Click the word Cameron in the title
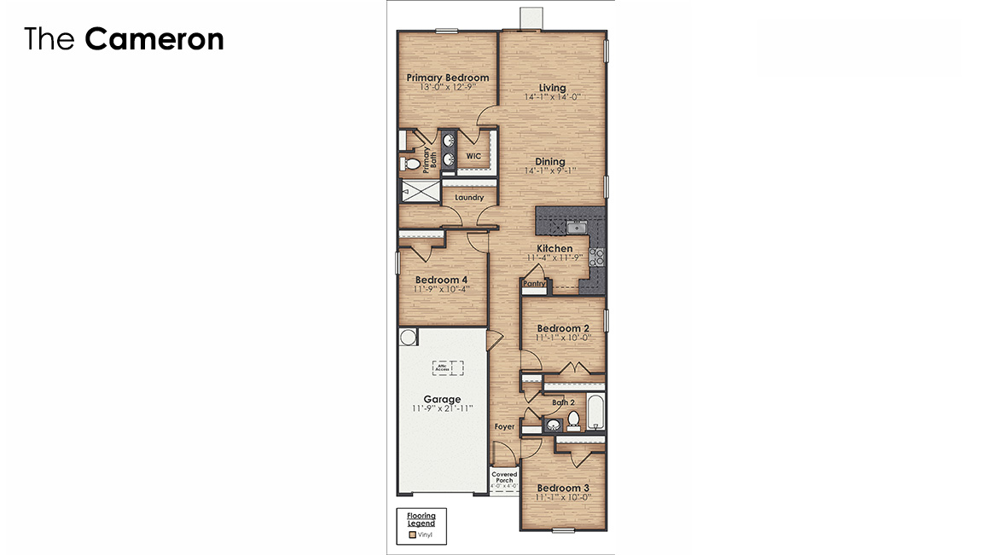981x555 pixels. [154, 39]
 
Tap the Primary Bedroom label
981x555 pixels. [447, 78]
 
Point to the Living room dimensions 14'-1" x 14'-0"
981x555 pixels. [552, 97]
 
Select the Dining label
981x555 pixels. [550, 161]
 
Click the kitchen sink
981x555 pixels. [576, 227]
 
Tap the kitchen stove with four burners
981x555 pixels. [596, 257]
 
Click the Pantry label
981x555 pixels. [533, 283]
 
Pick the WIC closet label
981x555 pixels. [473, 156]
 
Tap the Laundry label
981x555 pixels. [469, 197]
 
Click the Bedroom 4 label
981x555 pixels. [441, 280]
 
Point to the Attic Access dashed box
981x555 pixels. [447, 368]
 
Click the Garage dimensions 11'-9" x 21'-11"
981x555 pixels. [442, 408]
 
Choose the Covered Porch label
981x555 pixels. [504, 477]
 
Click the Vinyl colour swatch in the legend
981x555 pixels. [412, 535]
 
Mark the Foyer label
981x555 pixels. [504, 426]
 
